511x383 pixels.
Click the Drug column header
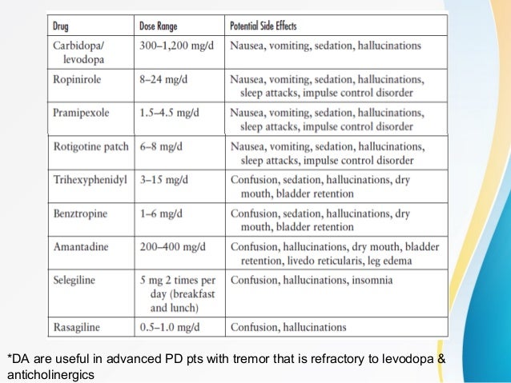61,26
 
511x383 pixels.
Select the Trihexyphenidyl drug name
91,181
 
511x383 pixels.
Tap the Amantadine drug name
81,248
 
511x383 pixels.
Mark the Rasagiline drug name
78,327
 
